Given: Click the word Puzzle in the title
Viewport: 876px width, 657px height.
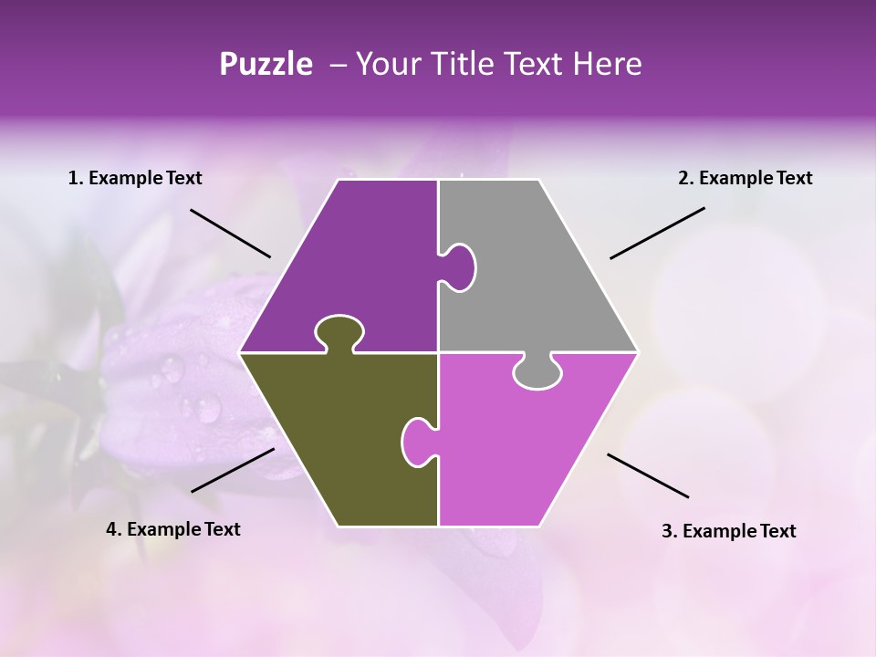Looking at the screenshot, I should [266, 64].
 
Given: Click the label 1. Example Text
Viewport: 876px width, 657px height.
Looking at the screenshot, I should [135, 178].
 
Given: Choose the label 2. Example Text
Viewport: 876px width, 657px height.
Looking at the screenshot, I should [745, 178].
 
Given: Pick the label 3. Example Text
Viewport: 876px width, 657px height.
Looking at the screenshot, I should [728, 531].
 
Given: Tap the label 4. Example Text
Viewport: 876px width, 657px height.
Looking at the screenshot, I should [173, 529].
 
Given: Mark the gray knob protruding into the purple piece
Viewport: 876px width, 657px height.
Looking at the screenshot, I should [462, 266].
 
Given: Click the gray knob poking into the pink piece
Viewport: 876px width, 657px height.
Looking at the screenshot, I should [537, 372].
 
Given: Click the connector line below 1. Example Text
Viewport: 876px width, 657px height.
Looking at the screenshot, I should [230, 233].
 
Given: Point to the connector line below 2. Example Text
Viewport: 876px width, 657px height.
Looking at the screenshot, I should [657, 233].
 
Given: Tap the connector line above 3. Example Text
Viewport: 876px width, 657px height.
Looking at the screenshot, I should [648, 475].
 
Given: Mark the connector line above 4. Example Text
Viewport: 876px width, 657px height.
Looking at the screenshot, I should [233, 470].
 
